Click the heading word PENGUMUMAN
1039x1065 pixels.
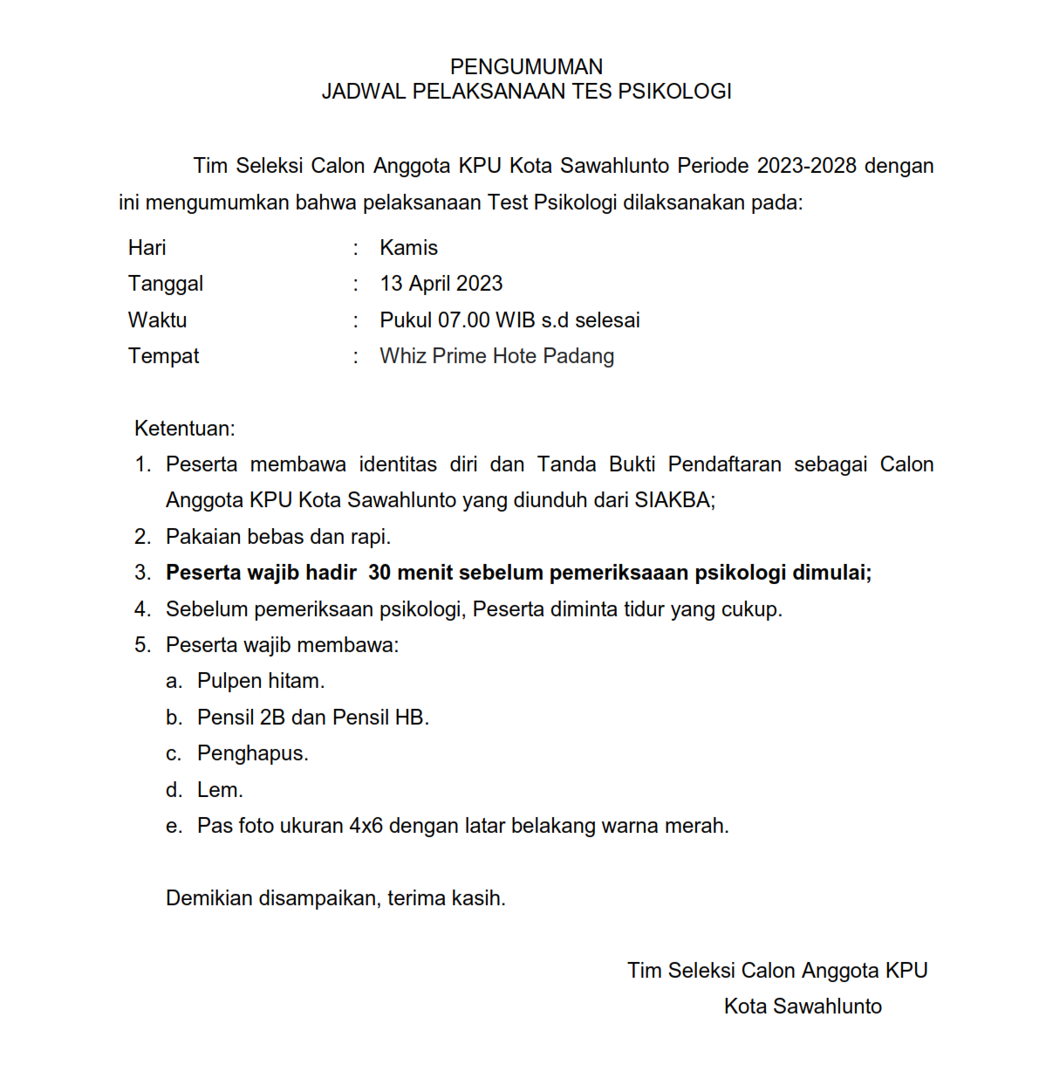click(x=526, y=67)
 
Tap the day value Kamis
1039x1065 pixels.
click(x=408, y=248)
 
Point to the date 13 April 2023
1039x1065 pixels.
click(x=441, y=284)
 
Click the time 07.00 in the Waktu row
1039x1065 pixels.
click(x=463, y=320)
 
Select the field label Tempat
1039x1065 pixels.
click(x=163, y=356)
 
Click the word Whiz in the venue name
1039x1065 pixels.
click(x=403, y=356)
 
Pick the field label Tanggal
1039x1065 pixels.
click(x=166, y=284)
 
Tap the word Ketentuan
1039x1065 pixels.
click(x=184, y=429)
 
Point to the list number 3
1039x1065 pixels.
click(x=142, y=573)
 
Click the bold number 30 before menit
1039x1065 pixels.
click(x=379, y=573)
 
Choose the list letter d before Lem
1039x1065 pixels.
click(x=174, y=790)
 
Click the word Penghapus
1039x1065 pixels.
click(x=252, y=753)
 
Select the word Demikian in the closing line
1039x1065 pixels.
click(x=209, y=898)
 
